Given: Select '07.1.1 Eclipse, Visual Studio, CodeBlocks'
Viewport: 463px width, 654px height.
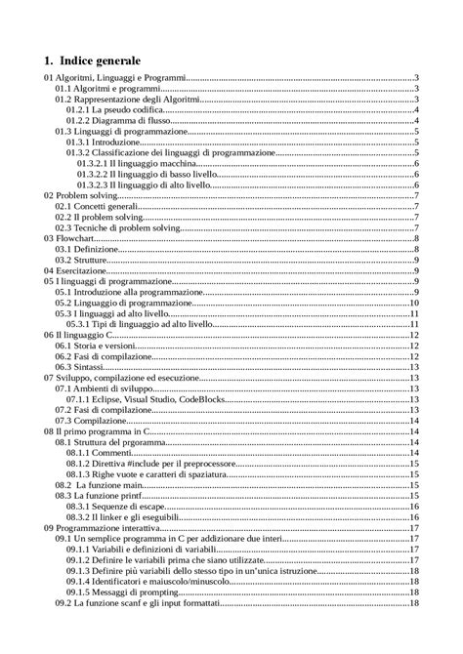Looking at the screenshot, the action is (x=156, y=399).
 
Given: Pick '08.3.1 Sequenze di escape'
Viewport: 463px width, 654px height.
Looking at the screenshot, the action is (x=122, y=507).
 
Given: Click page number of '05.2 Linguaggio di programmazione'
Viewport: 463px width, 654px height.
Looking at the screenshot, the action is (x=414, y=303).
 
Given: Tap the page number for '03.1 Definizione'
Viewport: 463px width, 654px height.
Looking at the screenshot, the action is (x=416, y=249).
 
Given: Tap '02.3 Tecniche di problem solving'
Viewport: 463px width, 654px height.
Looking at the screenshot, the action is (x=117, y=227).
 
